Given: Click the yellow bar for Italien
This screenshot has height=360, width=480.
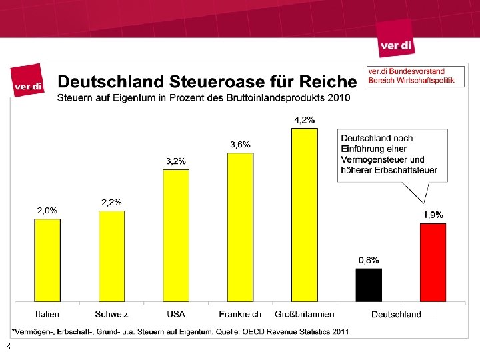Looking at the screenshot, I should coord(47,260).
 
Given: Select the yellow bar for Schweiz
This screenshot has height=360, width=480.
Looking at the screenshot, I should coord(111,256).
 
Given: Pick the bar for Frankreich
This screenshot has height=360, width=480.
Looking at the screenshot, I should coord(240,227).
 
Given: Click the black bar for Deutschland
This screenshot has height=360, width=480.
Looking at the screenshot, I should coord(369,285).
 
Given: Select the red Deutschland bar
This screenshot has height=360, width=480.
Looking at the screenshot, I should coord(433,262).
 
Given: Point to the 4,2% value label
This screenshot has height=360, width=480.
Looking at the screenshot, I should coord(305,119).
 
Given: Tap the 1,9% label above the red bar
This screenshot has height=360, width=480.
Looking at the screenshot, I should coord(433,215).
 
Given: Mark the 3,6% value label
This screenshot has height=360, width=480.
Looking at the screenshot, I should coord(240,144).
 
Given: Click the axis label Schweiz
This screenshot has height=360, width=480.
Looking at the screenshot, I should coord(111,314).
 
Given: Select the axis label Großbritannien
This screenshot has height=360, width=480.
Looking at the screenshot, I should coord(304,314).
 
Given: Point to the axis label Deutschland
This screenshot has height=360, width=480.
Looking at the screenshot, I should coord(396,314).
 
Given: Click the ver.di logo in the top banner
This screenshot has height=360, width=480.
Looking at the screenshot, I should coord(397,45).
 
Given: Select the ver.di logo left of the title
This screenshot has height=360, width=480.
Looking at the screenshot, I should coord(28,84).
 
